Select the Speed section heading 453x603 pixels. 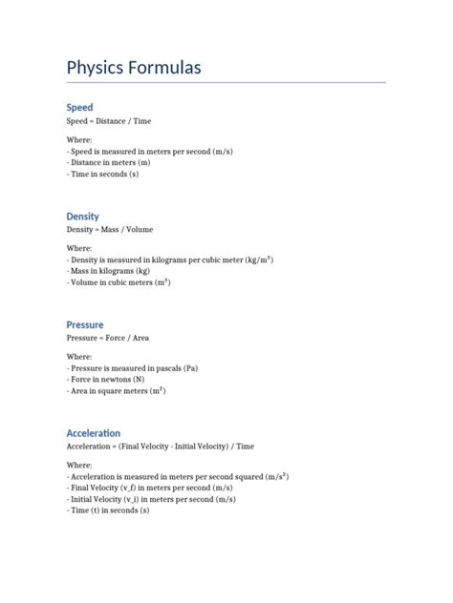pyautogui.click(x=79, y=108)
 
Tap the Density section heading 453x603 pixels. pyautogui.click(x=82, y=217)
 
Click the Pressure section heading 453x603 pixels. pyautogui.click(x=85, y=324)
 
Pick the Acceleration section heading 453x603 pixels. pyautogui.click(x=94, y=433)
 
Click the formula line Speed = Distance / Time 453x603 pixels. pyautogui.click(x=109, y=122)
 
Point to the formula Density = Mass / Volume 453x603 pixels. pyautogui.click(x=110, y=230)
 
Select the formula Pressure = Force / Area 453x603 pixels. pyautogui.click(x=108, y=338)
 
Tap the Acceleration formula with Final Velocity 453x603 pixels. pyautogui.click(x=161, y=447)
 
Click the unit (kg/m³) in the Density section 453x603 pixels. pyautogui.click(x=259, y=260)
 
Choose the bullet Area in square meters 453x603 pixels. pyautogui.click(x=117, y=391)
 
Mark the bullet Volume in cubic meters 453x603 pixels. pyautogui.click(x=119, y=282)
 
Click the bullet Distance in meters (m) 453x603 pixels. pyautogui.click(x=109, y=163)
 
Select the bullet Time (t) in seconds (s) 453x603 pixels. pyautogui.click(x=108, y=510)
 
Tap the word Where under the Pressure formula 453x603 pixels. pyautogui.click(x=79, y=357)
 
